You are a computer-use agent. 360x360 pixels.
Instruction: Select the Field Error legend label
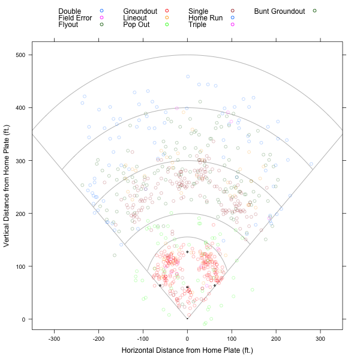(75, 18)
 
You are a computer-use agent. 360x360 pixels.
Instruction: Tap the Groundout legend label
(140, 11)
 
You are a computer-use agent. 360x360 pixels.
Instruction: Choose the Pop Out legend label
(136, 25)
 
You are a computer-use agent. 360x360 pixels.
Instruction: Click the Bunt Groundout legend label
(280, 11)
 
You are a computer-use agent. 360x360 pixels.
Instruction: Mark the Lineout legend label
(135, 18)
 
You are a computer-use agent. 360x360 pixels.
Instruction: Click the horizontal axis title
(187, 350)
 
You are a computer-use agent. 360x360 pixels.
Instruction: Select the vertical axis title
(7, 186)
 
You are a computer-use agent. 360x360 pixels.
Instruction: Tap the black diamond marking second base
(187, 252)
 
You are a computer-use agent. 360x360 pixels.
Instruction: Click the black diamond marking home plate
(187, 319)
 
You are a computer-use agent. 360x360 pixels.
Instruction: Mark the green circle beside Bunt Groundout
(314, 11)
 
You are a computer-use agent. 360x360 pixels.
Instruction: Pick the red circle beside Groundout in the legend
(167, 11)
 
